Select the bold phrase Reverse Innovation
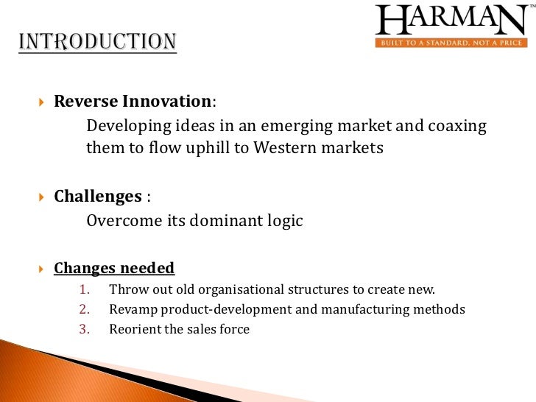coord(133,101)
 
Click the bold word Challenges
coord(98,197)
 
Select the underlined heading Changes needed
coord(114,268)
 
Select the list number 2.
coord(83,309)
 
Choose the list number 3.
coord(83,329)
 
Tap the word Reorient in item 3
coord(134,329)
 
